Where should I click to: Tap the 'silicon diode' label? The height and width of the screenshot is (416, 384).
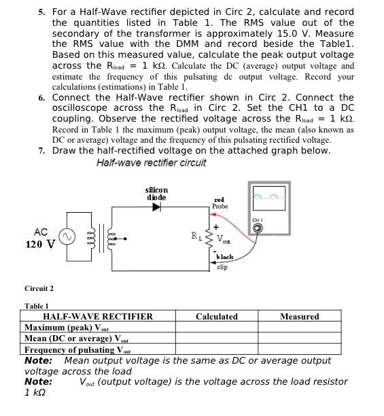pos(157,193)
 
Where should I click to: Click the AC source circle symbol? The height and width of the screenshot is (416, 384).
pos(67,237)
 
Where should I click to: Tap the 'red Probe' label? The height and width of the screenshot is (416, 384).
pos(220,203)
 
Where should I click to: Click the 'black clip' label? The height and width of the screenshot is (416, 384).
pos(223,262)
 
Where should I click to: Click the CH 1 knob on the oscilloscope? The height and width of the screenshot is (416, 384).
pos(258,228)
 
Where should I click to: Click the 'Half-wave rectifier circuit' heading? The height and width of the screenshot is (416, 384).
pos(151,162)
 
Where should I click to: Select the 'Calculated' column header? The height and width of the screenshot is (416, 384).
pos(217,317)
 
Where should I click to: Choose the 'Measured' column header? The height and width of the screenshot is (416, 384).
pos(299,317)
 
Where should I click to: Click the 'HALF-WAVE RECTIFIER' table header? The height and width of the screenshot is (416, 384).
pos(98,317)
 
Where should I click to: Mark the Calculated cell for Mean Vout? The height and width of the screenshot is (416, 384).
pos(217,339)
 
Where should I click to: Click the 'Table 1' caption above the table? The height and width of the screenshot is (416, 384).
pos(37,307)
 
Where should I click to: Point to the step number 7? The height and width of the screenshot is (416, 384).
pos(42,150)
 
